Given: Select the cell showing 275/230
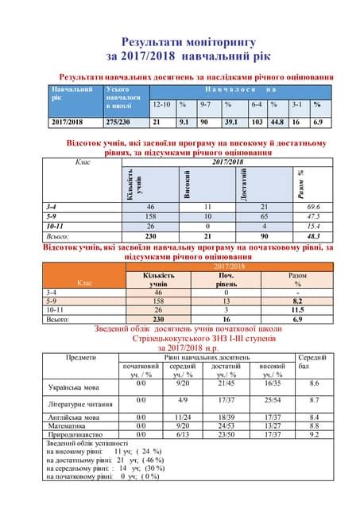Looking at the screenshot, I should click(119, 122).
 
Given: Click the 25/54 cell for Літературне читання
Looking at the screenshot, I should click(273, 400).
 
